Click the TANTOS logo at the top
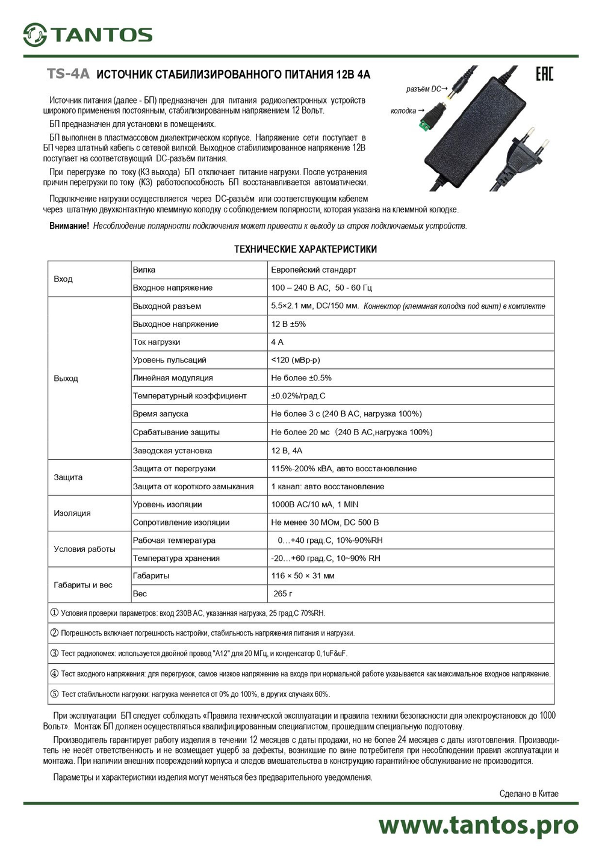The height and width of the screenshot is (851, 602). [88, 35]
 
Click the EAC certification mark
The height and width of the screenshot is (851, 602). [544, 74]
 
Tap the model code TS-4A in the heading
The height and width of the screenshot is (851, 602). [68, 74]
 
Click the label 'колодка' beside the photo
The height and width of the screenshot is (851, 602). [403, 111]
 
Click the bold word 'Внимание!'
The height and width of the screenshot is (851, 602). [69, 226]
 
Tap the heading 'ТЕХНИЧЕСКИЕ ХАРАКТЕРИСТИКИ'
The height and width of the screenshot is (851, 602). [305, 249]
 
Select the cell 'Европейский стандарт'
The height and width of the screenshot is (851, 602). [314, 270]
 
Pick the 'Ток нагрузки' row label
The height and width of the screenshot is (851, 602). [157, 342]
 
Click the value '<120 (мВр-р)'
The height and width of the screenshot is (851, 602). [296, 360]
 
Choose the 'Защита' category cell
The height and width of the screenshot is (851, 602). [68, 477]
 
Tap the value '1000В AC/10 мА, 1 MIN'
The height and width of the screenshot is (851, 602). [315, 504]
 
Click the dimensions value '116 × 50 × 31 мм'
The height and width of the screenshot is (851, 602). [303, 576]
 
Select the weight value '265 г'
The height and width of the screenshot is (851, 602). [283, 593]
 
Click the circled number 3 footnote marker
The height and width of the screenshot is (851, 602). [54, 653]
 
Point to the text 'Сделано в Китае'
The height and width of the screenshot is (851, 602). [529, 793]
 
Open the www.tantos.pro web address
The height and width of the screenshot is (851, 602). [478, 825]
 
